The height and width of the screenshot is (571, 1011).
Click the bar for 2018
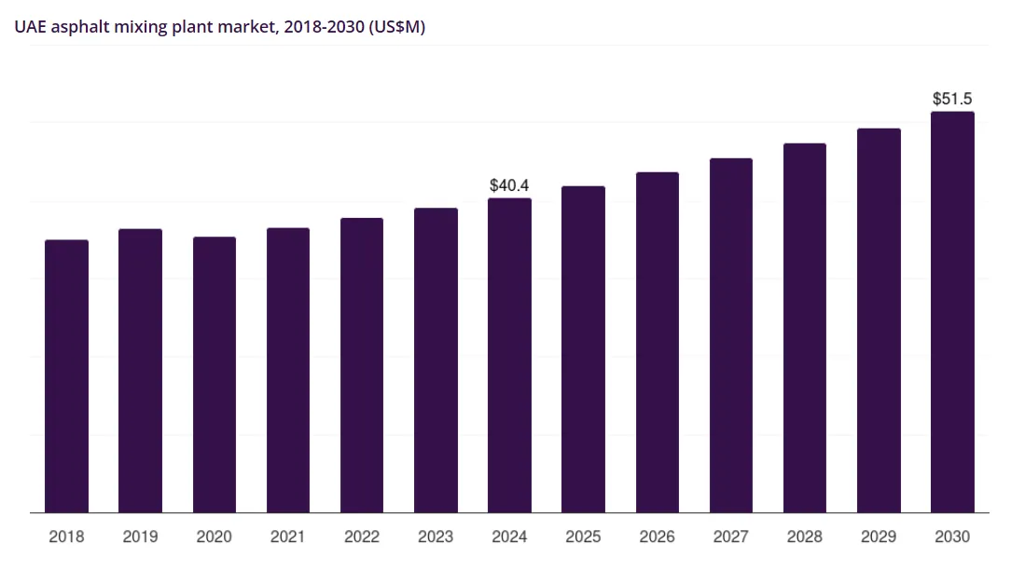[66, 376]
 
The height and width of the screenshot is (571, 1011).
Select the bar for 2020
[215, 374]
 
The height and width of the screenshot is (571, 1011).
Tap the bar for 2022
[362, 365]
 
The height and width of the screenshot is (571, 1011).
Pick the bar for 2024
[509, 355]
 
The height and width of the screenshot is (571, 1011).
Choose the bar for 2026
[658, 342]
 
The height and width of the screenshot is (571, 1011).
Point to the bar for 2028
[805, 328]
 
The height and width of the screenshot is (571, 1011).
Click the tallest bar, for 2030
[952, 312]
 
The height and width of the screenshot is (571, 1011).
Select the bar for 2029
[879, 320]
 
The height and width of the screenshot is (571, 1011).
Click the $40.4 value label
[509, 185]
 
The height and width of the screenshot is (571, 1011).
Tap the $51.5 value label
[952, 99]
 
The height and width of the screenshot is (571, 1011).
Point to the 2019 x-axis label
[140, 537]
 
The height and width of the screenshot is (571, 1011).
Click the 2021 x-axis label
[288, 537]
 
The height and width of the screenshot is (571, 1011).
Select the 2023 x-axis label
[436, 537]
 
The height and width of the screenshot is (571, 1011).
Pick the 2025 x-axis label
[583, 537]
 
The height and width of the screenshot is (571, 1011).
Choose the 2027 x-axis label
[731, 537]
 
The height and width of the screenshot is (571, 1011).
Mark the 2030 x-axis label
[952, 537]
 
